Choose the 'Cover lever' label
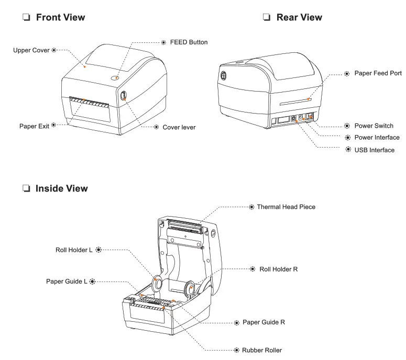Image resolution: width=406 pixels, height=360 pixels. [x=178, y=127]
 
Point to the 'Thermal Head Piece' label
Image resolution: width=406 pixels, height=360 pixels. [x=286, y=207]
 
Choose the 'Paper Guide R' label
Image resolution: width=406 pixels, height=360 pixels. [x=263, y=322]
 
